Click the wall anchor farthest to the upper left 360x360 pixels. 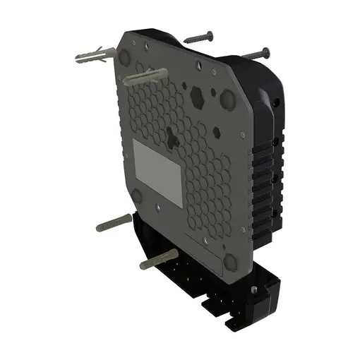(x=92, y=55)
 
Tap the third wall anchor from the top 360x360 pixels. (x=114, y=225)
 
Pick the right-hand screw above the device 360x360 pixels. (x=254, y=52)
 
